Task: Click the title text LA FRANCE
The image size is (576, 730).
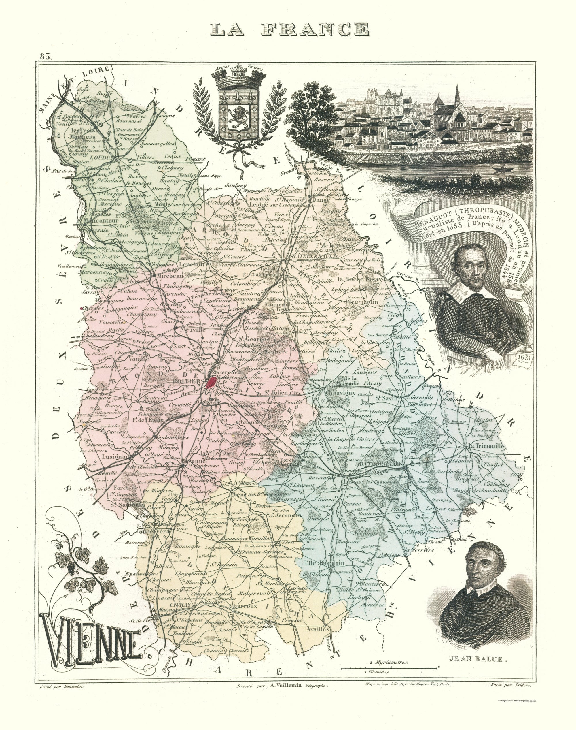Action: tap(290, 29)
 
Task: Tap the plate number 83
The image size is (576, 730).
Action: tap(46, 57)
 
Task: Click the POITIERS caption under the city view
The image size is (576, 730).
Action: tap(467, 191)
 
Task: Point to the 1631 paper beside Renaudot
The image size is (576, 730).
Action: tap(524, 357)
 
